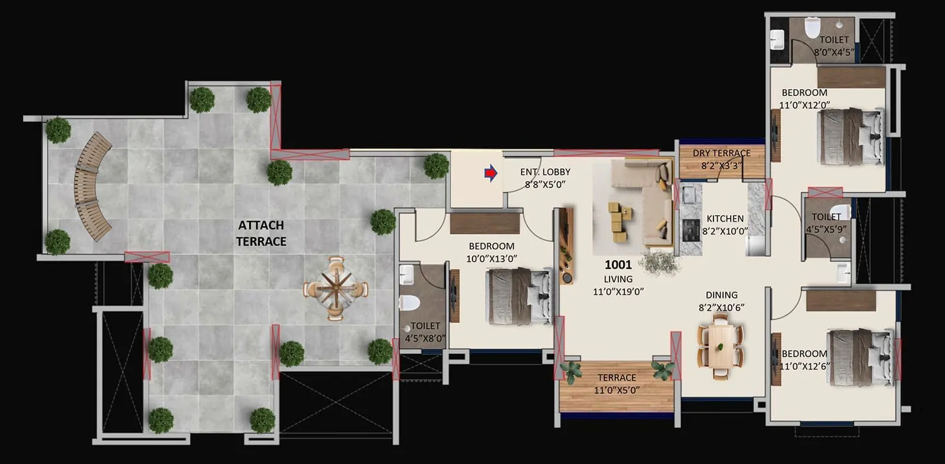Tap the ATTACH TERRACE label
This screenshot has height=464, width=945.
pyautogui.click(x=261, y=233)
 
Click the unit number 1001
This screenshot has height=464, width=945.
pyautogui.click(x=618, y=265)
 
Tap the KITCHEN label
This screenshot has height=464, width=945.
pyautogui.click(x=725, y=219)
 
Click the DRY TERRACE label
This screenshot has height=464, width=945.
pyautogui.click(x=721, y=153)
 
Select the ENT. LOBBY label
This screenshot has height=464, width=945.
pyautogui.click(x=545, y=172)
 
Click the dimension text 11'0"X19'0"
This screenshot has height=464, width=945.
pyautogui.click(x=618, y=291)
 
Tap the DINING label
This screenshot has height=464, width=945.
pyautogui.click(x=721, y=295)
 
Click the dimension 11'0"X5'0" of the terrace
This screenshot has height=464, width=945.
pyautogui.click(x=617, y=390)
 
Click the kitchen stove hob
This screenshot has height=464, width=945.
pyautogui.click(x=690, y=230)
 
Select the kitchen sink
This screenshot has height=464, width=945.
pyautogui.click(x=689, y=193)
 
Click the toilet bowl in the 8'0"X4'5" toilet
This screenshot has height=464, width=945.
pyautogui.click(x=813, y=27)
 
